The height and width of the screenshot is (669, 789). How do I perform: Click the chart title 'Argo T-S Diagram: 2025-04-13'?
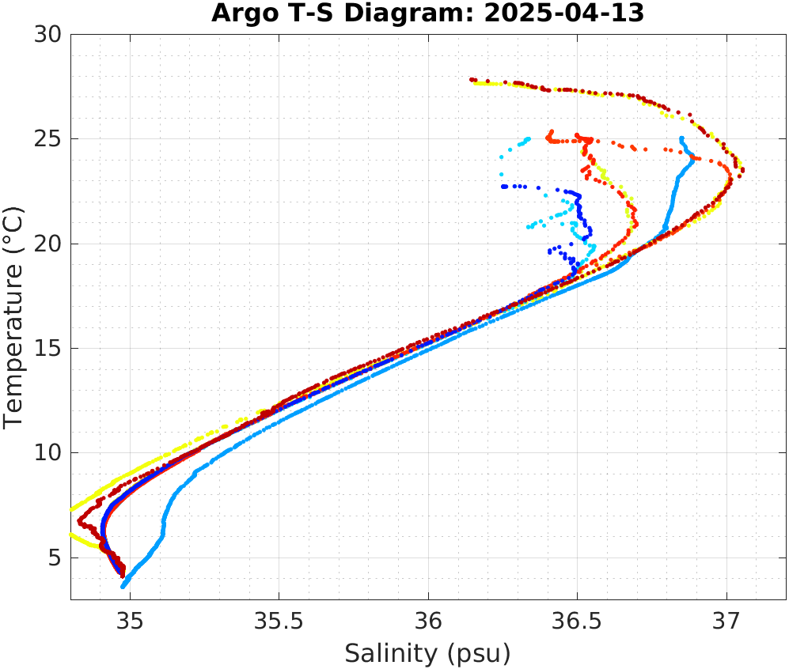(x=427, y=13)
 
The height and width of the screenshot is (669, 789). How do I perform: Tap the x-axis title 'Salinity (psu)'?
(x=427, y=653)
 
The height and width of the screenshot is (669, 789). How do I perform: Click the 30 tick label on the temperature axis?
(x=49, y=35)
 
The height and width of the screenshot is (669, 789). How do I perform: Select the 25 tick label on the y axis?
(x=49, y=139)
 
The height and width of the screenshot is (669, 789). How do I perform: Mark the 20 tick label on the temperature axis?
(x=49, y=244)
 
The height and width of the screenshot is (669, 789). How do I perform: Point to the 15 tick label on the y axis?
(x=49, y=349)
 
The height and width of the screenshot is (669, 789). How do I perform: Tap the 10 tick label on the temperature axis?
(x=49, y=453)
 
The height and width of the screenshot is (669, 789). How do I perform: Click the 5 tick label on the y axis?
(x=55, y=558)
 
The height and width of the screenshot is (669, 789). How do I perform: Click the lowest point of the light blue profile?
(x=123, y=587)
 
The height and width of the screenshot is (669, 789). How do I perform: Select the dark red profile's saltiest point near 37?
(x=742, y=169)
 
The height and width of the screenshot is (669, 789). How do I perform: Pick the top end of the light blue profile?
(x=681, y=138)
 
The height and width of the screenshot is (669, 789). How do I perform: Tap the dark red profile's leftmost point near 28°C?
(x=472, y=79)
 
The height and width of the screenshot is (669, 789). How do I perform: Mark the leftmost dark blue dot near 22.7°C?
(x=503, y=187)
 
